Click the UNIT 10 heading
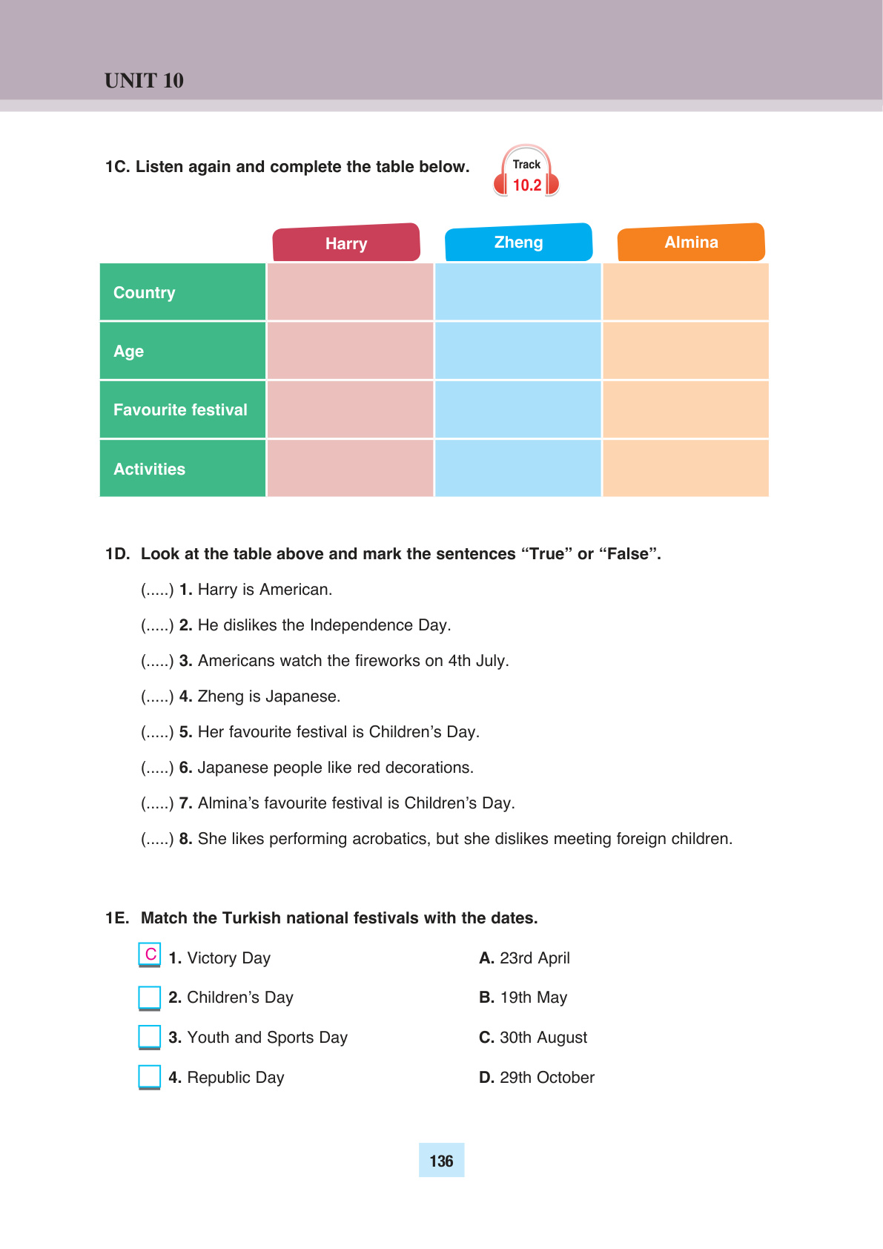[x=144, y=80]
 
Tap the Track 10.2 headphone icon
[x=526, y=172]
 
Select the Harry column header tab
[x=346, y=243]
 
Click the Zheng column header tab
[x=518, y=243]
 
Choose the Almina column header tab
[x=691, y=243]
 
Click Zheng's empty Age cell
[x=517, y=351]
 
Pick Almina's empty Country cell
[x=686, y=292]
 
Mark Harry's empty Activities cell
[x=350, y=469]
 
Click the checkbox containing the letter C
[x=150, y=955]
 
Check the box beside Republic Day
[x=150, y=1076]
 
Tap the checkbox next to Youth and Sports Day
[x=150, y=1036]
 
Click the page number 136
[x=441, y=1161]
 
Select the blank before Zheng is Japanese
[x=157, y=696]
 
